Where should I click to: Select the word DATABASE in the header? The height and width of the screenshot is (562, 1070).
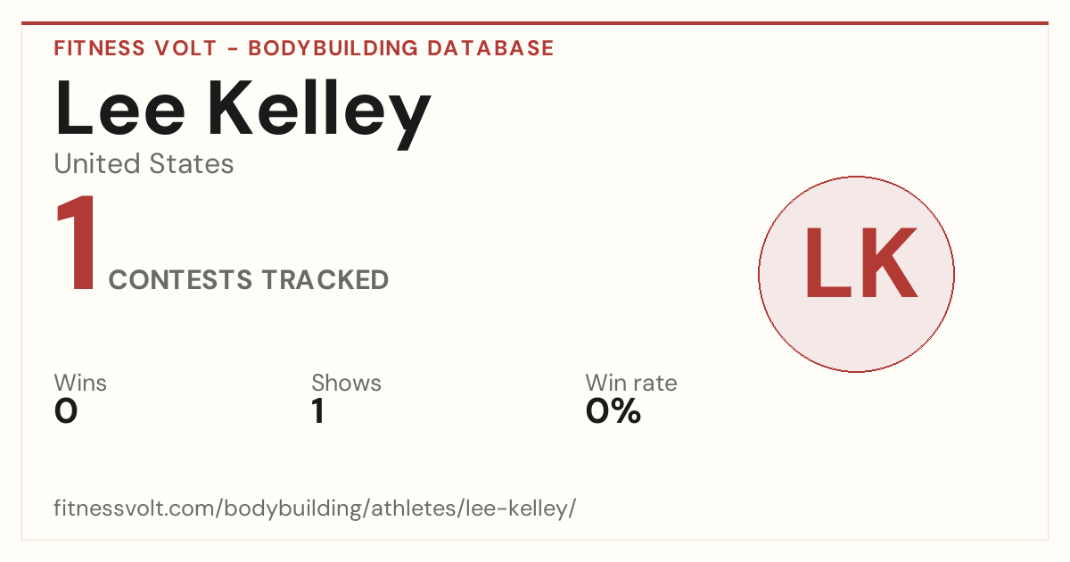490,48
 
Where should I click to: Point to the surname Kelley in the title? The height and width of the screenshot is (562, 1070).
319,115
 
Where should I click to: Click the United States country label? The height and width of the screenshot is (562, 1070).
144,163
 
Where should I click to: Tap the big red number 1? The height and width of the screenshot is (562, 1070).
76,243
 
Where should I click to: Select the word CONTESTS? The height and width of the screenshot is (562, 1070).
180,279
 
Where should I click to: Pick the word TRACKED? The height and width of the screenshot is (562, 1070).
325,279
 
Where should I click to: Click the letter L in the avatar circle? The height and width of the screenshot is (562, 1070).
827,262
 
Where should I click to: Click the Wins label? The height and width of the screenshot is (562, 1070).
80,383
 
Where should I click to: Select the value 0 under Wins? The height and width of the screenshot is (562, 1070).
66,411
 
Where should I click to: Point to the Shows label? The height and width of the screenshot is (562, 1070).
346,383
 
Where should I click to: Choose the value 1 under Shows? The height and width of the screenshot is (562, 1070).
318,411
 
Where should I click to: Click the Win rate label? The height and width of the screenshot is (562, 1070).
631,383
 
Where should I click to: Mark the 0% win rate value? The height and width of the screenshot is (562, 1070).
613,411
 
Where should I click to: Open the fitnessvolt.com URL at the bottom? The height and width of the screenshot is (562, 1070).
315,508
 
